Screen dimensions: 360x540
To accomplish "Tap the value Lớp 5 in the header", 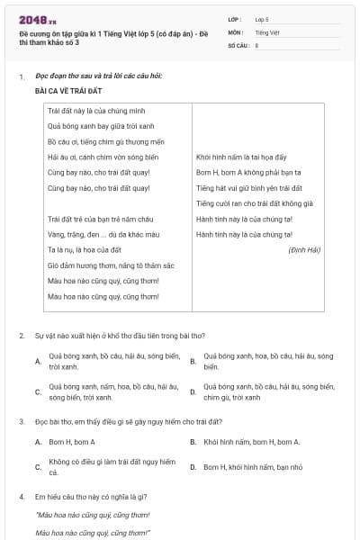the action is tap(262, 18).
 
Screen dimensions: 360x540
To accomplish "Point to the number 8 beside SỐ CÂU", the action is tap(257, 45).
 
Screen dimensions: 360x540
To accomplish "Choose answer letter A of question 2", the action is tap(38, 361).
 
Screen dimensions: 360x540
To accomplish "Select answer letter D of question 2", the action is tap(193, 391).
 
